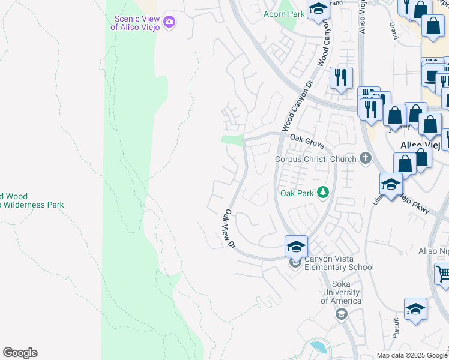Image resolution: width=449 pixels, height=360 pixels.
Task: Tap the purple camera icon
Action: (x=169, y=22)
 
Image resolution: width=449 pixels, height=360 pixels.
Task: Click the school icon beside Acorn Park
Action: (x=318, y=9)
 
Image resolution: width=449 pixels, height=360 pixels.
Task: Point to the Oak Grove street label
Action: (x=307, y=142)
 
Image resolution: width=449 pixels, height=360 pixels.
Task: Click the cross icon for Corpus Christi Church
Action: (x=364, y=159)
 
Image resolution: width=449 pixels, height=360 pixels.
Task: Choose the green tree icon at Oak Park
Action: (x=324, y=192)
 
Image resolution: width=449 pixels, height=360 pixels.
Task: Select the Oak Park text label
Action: (x=297, y=193)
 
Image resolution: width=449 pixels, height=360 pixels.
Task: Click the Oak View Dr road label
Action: (x=228, y=228)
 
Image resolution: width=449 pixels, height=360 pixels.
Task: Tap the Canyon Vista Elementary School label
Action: (x=339, y=263)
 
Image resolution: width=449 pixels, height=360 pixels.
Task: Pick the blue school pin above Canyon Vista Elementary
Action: (x=296, y=246)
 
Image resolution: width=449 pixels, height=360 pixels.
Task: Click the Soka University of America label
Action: (x=341, y=293)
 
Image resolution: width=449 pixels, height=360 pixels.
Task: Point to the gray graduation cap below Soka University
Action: (x=341, y=314)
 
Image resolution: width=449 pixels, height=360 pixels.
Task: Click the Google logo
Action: (x=20, y=353)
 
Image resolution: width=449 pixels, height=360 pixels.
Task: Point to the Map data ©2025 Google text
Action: (x=412, y=355)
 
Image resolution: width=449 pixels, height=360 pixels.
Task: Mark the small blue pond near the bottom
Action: (x=316, y=346)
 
